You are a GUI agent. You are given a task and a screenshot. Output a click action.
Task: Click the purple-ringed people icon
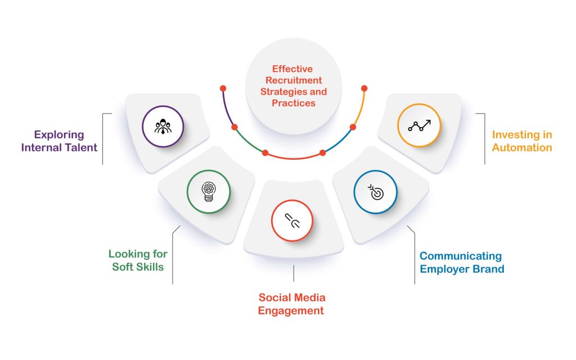click(163, 127)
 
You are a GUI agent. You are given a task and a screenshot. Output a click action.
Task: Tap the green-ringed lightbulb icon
click(209, 191)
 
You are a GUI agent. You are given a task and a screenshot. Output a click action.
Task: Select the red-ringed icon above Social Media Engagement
click(292, 220)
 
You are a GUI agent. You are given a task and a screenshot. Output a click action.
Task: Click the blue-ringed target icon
click(375, 192)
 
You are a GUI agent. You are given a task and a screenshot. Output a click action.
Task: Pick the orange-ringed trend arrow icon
click(418, 125)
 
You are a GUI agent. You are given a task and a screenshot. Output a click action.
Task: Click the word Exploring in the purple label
click(59, 135)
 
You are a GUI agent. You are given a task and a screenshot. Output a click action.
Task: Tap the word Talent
click(80, 147)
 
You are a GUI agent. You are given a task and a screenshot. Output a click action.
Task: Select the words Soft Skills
click(138, 267)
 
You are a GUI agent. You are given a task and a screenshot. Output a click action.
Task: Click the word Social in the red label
click(274, 297)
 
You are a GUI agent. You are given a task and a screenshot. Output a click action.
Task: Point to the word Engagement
click(291, 310)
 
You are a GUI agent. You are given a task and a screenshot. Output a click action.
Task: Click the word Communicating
click(461, 256)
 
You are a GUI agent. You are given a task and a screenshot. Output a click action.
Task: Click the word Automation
click(522, 147)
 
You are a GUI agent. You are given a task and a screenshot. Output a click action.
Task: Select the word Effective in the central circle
click(292, 69)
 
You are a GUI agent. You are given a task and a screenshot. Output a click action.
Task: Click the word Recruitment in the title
click(294, 80)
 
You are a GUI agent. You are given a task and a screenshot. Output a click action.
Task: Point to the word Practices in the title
click(294, 103)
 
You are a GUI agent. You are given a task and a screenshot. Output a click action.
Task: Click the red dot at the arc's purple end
click(223, 88)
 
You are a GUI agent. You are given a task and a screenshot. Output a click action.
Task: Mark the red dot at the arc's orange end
click(364, 88)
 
